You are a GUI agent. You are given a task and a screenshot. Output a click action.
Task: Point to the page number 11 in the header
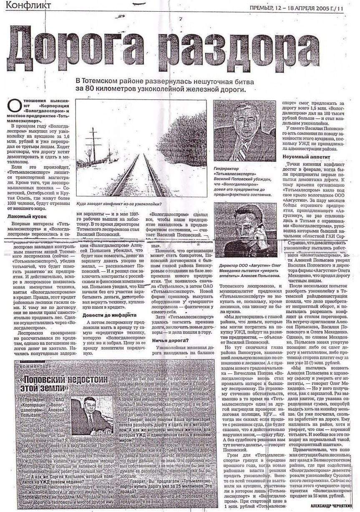(341, 7)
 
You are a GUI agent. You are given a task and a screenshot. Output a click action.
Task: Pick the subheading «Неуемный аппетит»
(306, 157)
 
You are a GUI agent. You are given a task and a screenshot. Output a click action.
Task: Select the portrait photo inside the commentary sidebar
(91, 416)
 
